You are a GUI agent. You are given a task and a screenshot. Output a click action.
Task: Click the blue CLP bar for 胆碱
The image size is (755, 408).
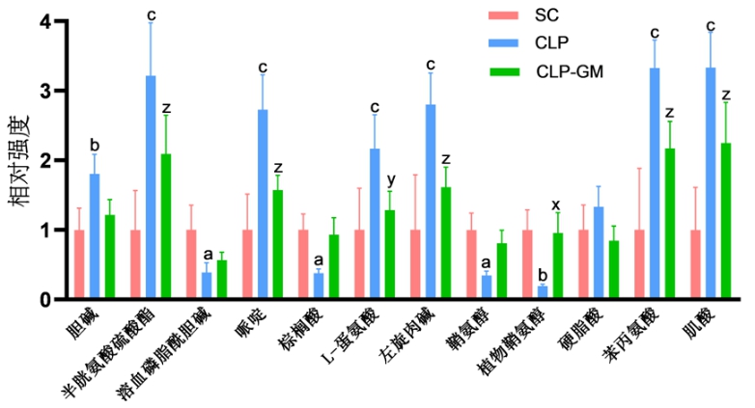pos(95,236)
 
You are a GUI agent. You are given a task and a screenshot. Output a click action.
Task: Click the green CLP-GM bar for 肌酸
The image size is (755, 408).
pos(726,221)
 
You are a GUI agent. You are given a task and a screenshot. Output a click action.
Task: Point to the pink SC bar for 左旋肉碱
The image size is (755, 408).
pos(415,265)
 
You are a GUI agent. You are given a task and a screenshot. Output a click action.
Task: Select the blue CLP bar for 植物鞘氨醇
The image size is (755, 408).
pos(543,293)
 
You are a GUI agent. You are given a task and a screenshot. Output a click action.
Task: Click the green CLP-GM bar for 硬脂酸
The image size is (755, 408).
pos(614,270)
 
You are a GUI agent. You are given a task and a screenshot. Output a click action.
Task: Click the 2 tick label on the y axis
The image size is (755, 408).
pos(34,160)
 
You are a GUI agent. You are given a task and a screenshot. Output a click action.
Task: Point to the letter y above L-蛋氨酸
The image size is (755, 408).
pos(390,180)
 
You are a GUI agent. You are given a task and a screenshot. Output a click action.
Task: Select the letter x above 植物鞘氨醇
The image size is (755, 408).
pos(557,204)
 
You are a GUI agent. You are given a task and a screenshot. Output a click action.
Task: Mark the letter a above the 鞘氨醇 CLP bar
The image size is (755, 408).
pos(487,261)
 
